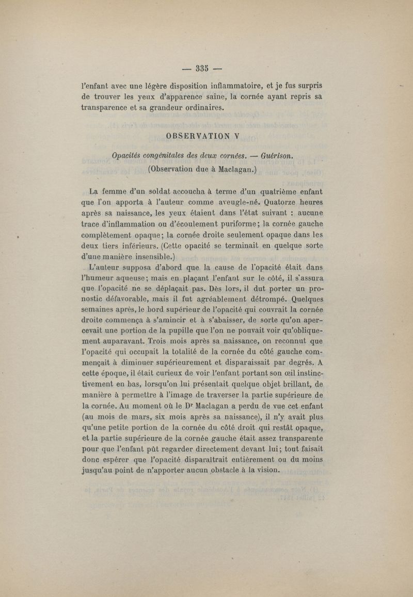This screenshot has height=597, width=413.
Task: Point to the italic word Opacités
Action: [x=129, y=155]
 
